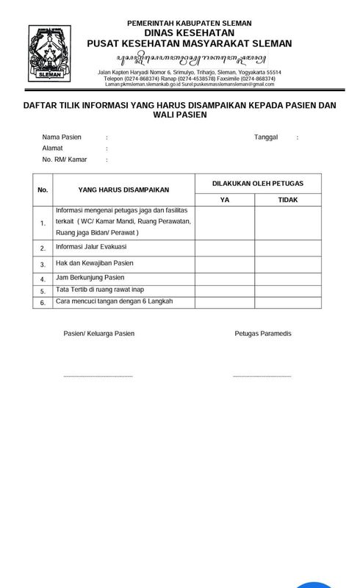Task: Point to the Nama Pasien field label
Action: tap(62, 137)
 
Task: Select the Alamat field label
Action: tap(52, 148)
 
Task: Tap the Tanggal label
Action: tap(267, 137)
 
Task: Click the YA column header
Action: tap(224, 200)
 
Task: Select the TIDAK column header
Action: tap(287, 200)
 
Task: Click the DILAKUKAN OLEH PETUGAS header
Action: tap(256, 182)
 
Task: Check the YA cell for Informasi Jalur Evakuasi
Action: tap(224, 248)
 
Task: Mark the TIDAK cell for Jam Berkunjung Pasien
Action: tap(287, 278)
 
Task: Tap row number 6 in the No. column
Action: tap(43, 302)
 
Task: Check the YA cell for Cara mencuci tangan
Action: tap(224, 302)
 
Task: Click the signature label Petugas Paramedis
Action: tap(263, 334)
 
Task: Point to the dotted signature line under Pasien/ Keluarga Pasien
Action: tap(98, 376)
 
